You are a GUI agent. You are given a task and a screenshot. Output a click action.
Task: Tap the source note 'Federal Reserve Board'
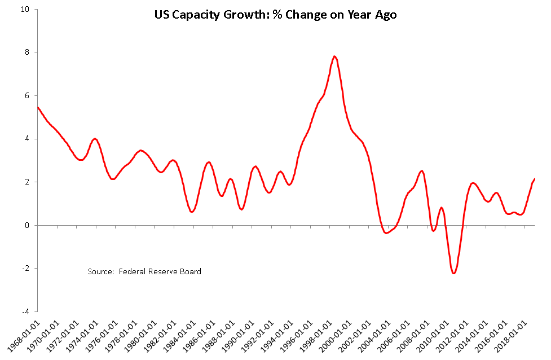click(144, 271)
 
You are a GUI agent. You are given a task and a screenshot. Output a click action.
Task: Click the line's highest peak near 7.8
click(334, 56)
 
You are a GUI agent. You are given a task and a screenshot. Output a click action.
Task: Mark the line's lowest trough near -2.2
click(454, 273)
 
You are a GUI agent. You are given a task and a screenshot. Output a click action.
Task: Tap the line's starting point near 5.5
click(38, 107)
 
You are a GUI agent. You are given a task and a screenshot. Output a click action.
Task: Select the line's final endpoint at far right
click(535, 179)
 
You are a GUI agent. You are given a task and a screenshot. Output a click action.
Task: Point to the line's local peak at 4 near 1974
click(95, 139)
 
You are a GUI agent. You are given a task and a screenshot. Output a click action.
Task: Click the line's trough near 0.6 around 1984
click(192, 212)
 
